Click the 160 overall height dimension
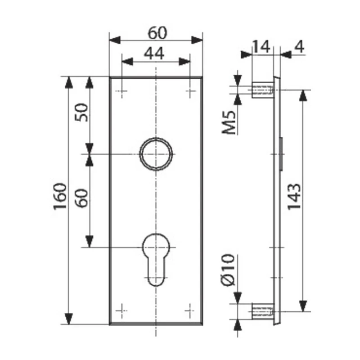click(60, 196)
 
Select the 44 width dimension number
click(154, 54)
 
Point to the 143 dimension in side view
click(294, 197)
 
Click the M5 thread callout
click(229, 122)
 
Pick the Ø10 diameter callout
click(229, 270)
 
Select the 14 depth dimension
click(261, 47)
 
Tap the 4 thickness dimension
click(299, 47)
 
